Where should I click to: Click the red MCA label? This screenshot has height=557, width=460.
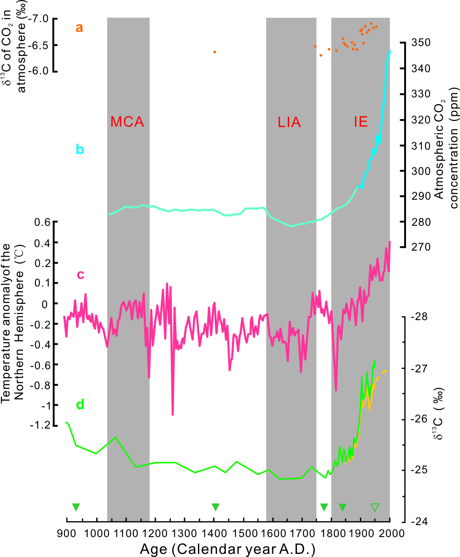(x=127, y=122)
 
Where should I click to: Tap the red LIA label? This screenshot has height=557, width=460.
(x=289, y=122)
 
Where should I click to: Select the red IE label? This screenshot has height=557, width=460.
(x=361, y=122)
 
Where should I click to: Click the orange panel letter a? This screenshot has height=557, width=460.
(x=79, y=28)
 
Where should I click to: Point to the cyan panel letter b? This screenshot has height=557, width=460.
(x=80, y=150)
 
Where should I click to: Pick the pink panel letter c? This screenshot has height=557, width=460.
(x=80, y=275)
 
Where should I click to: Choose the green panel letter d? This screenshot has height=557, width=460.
(x=80, y=404)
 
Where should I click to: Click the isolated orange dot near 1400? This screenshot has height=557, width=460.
(x=215, y=52)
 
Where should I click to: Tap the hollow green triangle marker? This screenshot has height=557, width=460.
(x=375, y=507)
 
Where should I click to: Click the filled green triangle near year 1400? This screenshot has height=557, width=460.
(x=216, y=507)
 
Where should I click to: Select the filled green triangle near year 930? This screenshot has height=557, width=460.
(x=76, y=507)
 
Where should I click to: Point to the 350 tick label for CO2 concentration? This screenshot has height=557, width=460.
(x=421, y=43)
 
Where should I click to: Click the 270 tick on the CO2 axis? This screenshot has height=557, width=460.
(x=421, y=247)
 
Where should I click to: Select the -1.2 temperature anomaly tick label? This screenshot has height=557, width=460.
(x=40, y=425)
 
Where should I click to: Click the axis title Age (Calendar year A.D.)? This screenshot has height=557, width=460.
(x=228, y=549)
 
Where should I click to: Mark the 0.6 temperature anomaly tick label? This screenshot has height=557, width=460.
(x=42, y=222)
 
